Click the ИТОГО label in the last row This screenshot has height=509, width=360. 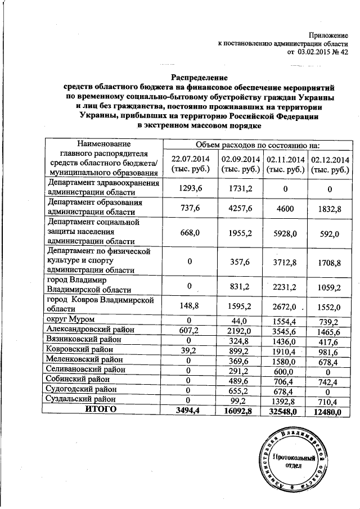point(101,410)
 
